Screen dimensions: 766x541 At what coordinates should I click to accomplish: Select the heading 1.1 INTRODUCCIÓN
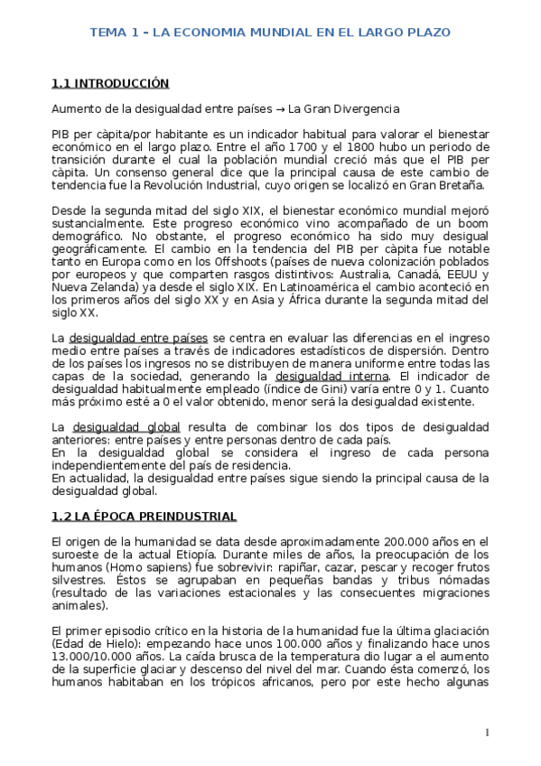[110, 83]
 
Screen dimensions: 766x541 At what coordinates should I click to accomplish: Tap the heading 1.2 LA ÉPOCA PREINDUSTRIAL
[144, 516]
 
